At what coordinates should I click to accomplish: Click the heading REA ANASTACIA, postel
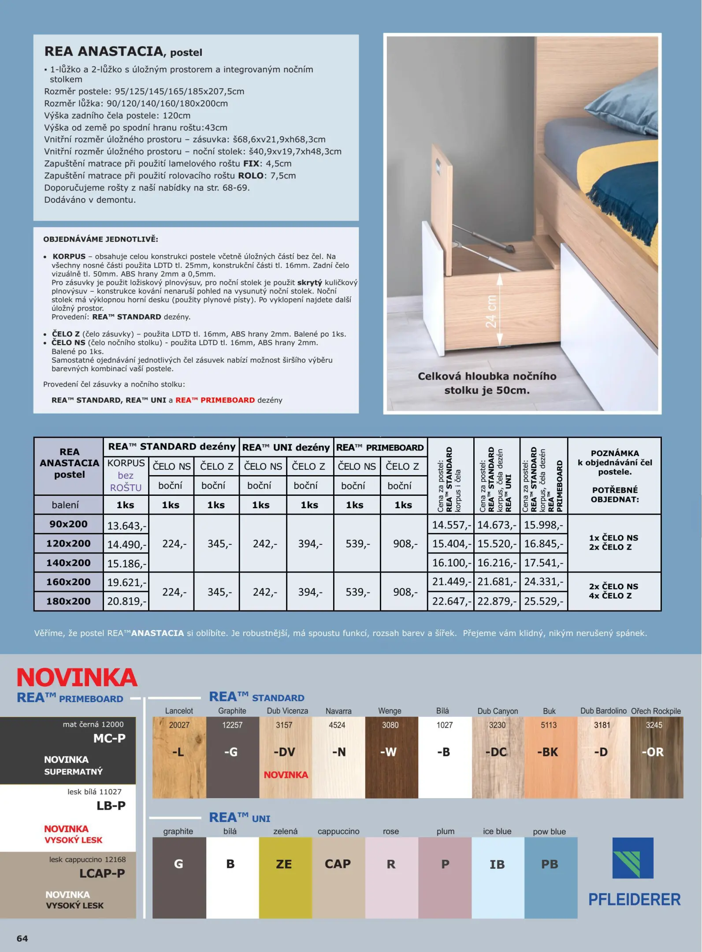123,52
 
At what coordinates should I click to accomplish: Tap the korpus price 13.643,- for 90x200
126,525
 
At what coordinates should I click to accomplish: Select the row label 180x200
68,601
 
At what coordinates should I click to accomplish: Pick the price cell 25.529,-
543,601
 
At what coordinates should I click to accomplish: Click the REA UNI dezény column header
286,447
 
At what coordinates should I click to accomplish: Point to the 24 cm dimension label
491,311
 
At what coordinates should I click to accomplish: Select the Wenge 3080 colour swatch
391,757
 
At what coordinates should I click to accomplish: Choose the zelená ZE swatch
285,878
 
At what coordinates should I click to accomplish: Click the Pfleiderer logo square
633,858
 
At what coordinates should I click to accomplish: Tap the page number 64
22,938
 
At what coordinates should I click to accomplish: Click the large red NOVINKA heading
77,677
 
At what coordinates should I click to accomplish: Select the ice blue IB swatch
498,878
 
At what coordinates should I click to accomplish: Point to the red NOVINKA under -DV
286,774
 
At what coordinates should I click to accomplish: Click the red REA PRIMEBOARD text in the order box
215,400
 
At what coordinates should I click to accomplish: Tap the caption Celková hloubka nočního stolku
487,383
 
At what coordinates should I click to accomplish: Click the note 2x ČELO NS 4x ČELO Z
613,591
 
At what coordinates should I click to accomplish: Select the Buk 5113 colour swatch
550,757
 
